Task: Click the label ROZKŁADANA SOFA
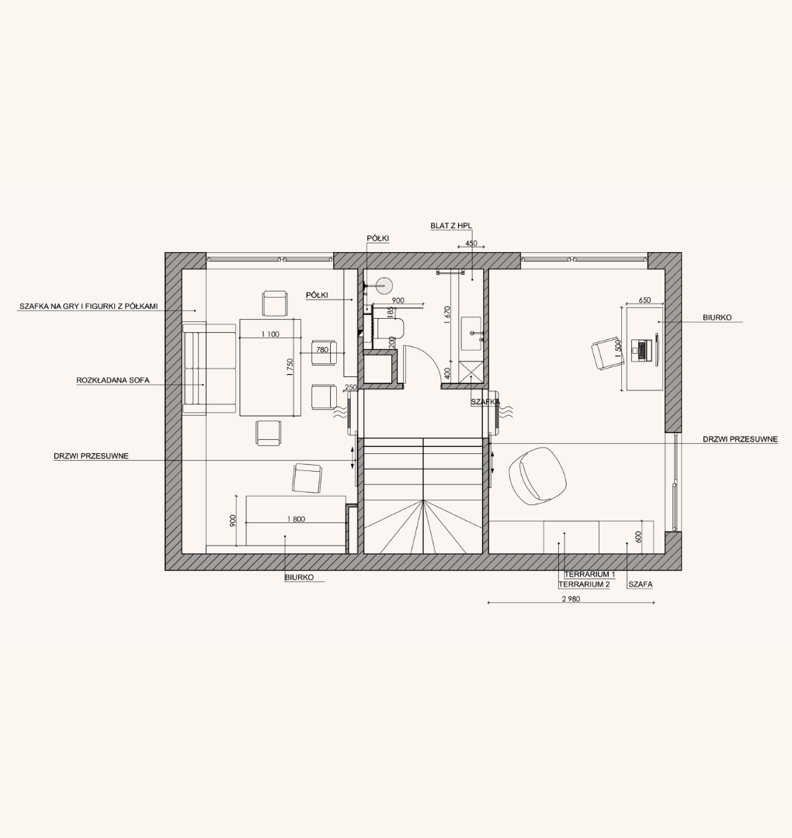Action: (113, 380)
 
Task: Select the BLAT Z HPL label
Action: (451, 226)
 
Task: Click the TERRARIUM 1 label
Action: (589, 574)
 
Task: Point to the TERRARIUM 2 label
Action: (584, 585)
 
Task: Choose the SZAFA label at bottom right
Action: (640, 585)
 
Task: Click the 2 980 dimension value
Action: (571, 599)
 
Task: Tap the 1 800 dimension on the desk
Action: (296, 519)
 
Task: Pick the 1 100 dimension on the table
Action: (270, 334)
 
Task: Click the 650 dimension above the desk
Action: (644, 300)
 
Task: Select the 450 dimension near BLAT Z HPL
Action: (471, 243)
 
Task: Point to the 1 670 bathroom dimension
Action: (448, 315)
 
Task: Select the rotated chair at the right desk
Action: (607, 354)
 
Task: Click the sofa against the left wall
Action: (209, 369)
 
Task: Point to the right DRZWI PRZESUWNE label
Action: (740, 439)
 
